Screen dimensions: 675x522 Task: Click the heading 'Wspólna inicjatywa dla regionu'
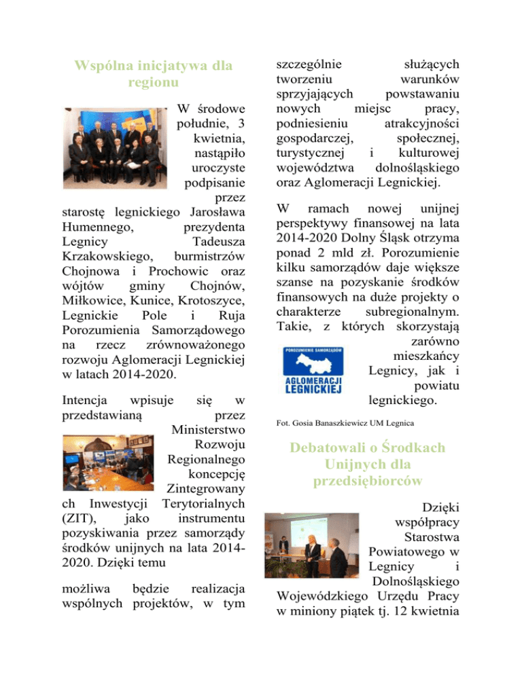pos(154,74)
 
